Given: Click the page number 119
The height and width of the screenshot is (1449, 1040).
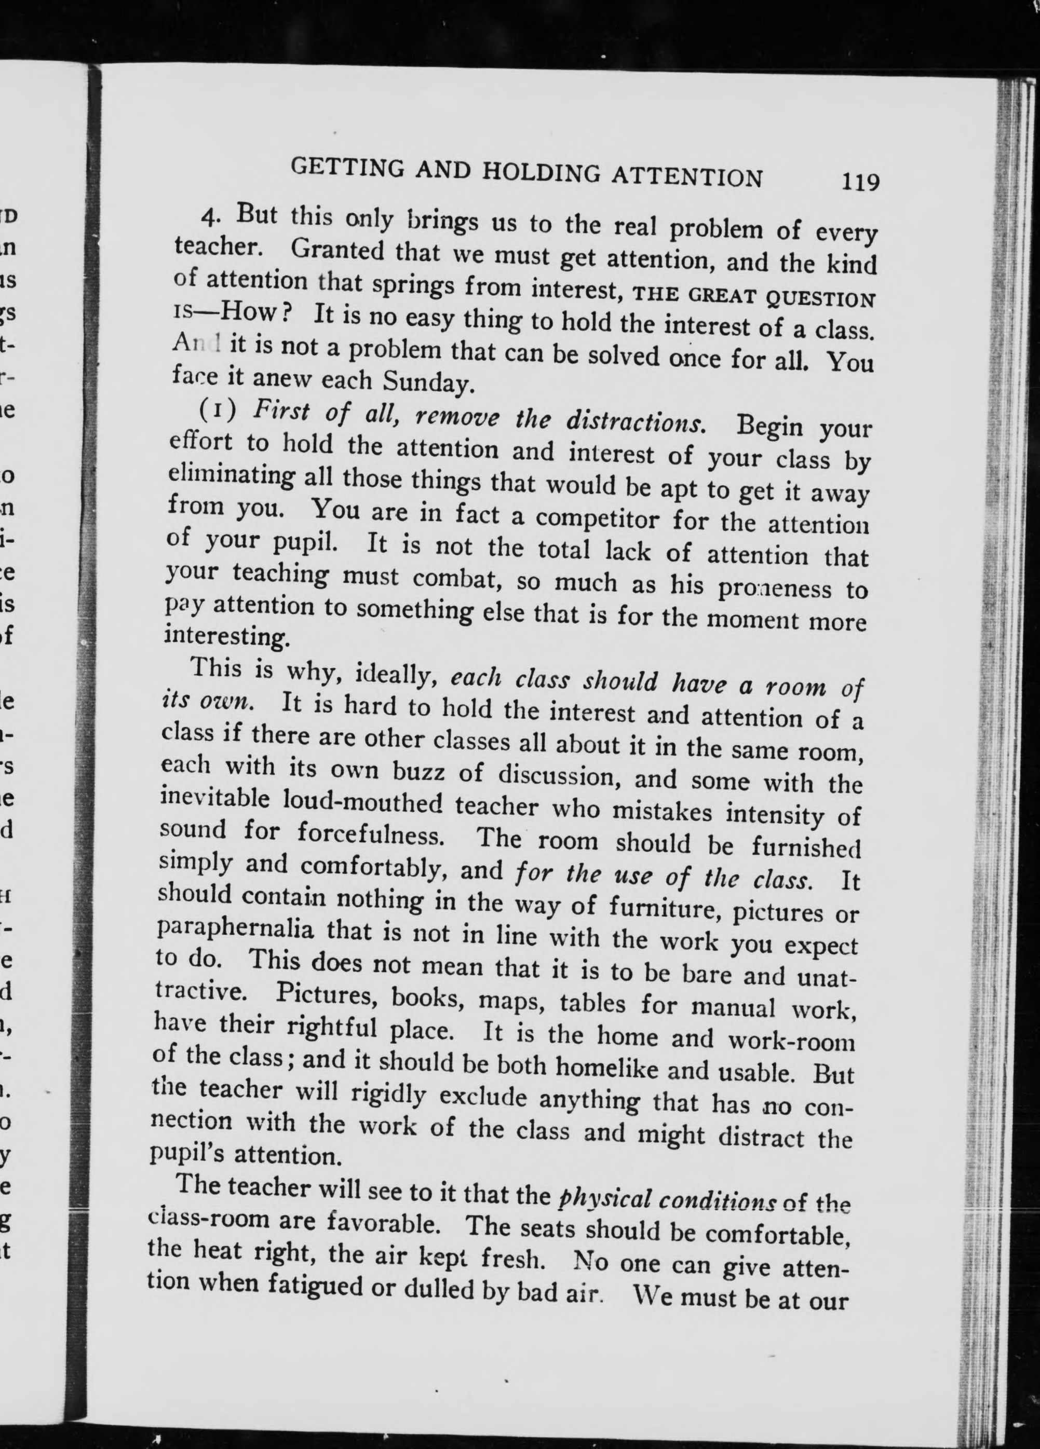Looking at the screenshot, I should (860, 183).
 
